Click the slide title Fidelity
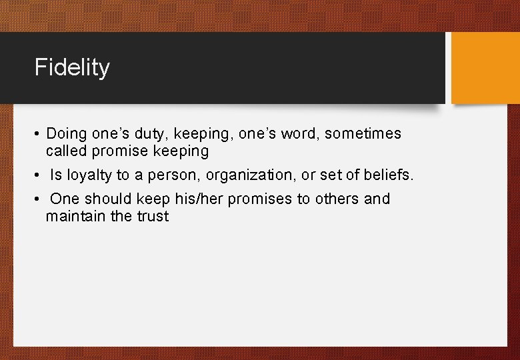pyautogui.click(x=72, y=68)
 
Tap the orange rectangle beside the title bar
pyautogui.click(x=485, y=68)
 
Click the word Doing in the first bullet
pyautogui.click(x=67, y=134)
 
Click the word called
pyautogui.click(x=67, y=151)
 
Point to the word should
pyautogui.click(x=111, y=199)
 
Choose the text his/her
pyautogui.click(x=203, y=199)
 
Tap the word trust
pyautogui.click(x=153, y=216)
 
